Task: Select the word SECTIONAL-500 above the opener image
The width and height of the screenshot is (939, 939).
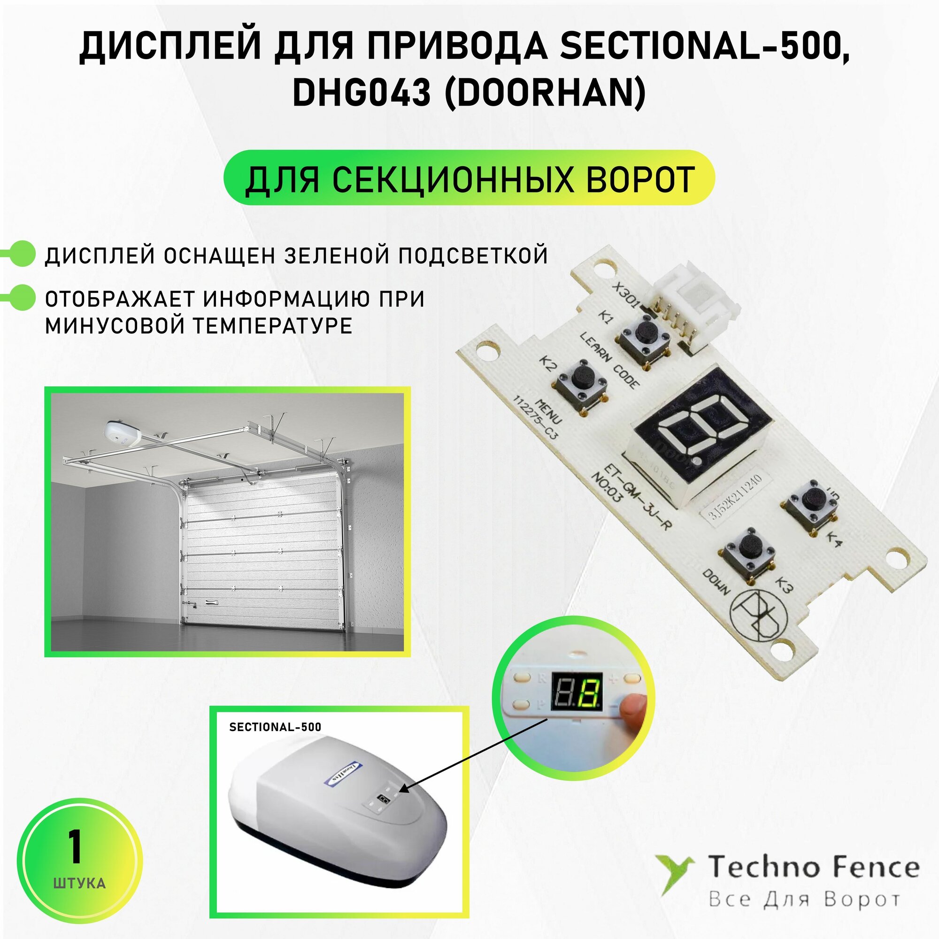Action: [x=275, y=727]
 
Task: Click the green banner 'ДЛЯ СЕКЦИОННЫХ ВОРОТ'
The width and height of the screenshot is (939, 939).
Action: [x=469, y=178]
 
